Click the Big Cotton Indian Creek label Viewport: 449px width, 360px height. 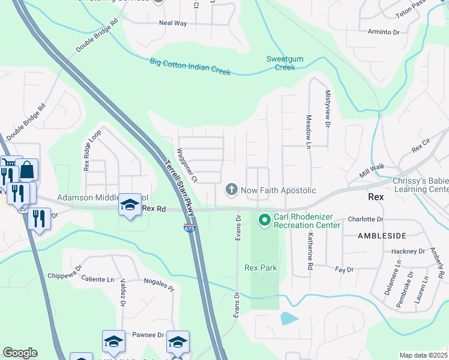(190, 66)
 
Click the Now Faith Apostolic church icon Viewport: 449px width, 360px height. (231, 190)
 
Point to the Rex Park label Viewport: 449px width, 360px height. (261, 268)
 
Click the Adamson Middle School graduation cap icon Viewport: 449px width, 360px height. (129, 205)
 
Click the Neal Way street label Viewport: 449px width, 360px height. (173, 23)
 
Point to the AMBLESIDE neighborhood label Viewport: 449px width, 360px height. (382, 236)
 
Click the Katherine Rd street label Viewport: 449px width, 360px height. (310, 251)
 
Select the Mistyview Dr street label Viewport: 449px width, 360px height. (328, 109)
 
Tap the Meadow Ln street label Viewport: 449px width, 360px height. (308, 132)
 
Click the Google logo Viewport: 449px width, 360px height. (20, 353)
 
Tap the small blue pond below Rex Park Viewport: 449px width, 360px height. (288, 318)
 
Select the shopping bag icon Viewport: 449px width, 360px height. (28, 170)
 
